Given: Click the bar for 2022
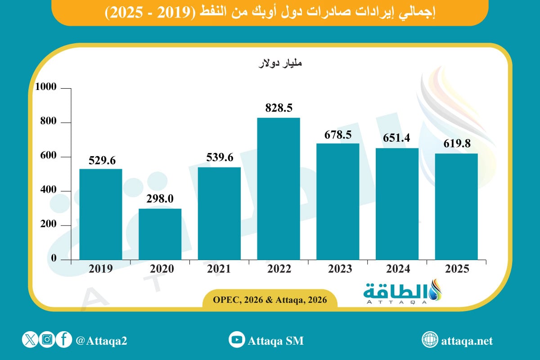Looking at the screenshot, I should click(279, 189).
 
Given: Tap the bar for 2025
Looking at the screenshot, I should click(456, 207).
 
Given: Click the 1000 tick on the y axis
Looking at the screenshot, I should click(45, 88).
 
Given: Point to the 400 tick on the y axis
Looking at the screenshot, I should click(48, 191).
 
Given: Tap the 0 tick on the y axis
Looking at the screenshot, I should click(53, 259).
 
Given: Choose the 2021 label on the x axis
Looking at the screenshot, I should click(219, 269).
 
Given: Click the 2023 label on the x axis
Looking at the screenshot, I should click(338, 269).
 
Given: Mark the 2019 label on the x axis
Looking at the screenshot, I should click(100, 269).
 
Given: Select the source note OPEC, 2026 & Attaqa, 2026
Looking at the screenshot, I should click(270, 300).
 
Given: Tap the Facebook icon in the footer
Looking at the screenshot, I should click(64, 340).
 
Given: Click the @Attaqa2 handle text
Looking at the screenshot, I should click(102, 341).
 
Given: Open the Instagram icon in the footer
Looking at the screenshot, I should click(47, 340).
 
